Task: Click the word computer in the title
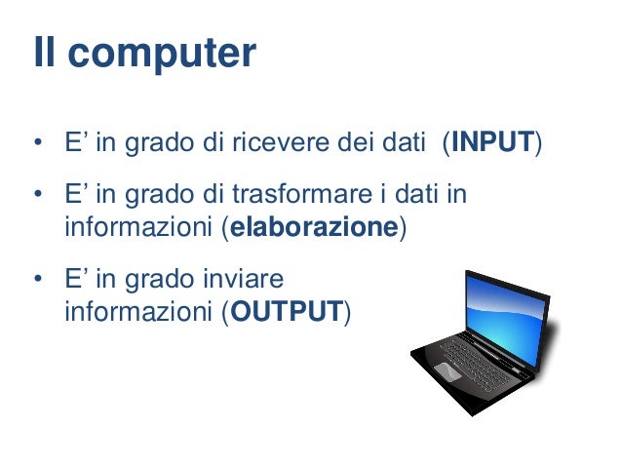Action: (163, 54)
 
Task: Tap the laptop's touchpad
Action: (447, 371)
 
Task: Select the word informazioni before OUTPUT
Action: (139, 313)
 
